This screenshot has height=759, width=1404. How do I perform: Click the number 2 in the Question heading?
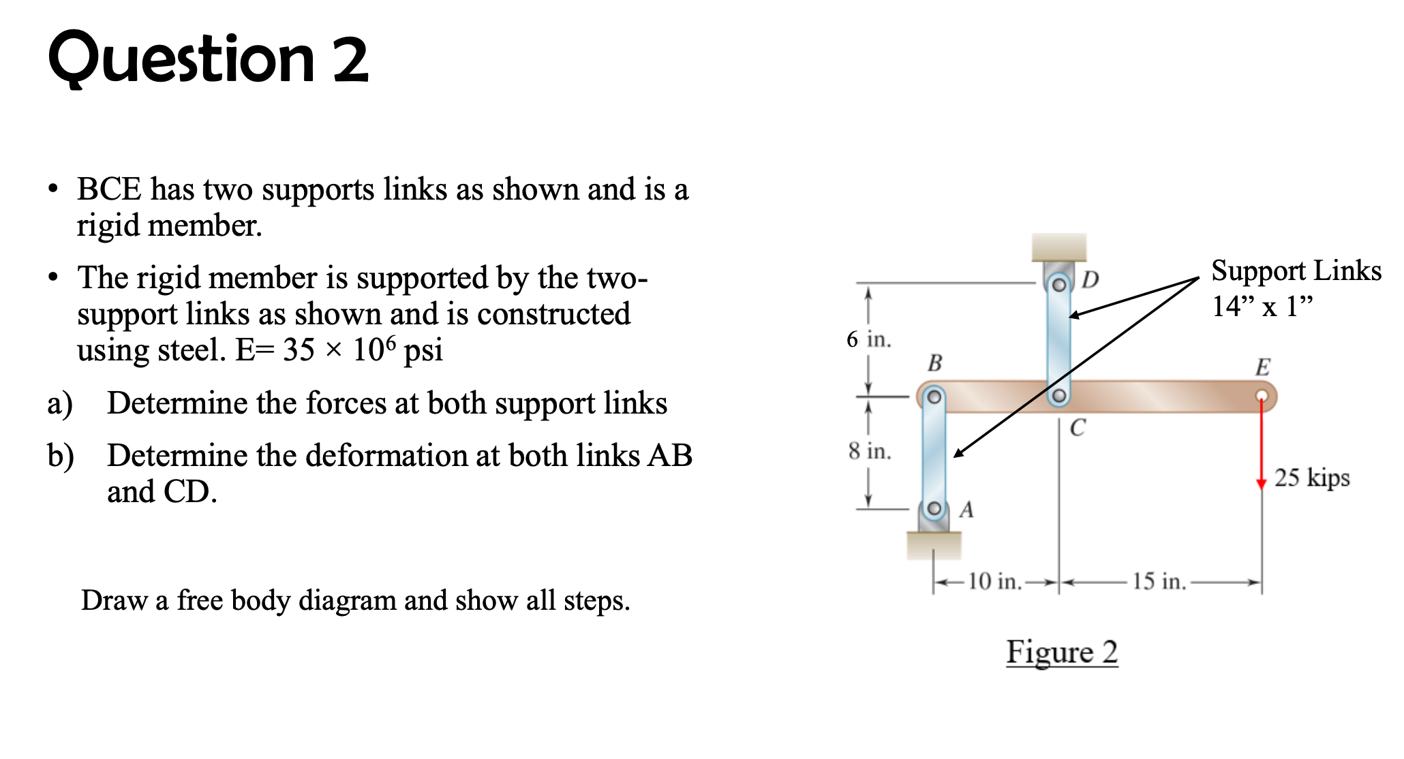350,60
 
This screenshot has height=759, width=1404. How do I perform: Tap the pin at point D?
1058,284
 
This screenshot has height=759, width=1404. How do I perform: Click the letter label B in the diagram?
934,363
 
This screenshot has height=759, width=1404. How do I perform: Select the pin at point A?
934,509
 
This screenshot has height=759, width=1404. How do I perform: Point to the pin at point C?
1058,396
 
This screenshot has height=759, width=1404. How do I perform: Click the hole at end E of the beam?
1262,396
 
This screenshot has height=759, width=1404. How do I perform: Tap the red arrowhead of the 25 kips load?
1262,482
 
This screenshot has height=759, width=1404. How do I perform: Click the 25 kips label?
1311,478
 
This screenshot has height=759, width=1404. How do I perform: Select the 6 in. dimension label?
868,339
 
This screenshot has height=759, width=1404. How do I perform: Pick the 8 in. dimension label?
870,450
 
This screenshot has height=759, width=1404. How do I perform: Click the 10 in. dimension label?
994,581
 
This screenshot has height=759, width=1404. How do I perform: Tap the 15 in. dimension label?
1159,581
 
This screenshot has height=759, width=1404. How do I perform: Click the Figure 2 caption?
1062,652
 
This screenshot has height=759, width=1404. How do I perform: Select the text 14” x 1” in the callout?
1262,306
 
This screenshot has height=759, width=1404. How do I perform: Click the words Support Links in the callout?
1296,270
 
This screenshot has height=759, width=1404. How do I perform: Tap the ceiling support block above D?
1058,247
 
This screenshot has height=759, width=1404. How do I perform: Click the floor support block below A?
934,545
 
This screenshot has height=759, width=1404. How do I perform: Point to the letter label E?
1262,367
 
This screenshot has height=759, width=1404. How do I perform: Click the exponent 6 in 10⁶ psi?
390,341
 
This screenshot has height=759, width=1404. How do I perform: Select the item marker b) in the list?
60,456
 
